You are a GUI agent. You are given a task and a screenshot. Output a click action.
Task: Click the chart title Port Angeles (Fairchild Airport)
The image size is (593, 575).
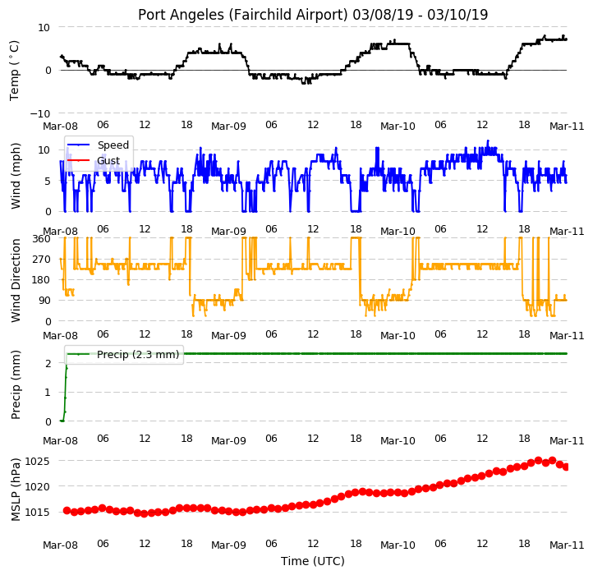[242, 15]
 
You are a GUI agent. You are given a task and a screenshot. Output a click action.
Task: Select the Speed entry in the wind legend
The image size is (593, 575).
[113, 145]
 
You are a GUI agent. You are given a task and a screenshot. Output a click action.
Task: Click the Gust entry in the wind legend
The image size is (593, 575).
[108, 161]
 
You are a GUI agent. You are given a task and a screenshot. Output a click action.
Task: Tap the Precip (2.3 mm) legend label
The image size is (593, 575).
[138, 355]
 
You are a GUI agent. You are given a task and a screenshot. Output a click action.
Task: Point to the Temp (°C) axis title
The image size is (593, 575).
[14, 71]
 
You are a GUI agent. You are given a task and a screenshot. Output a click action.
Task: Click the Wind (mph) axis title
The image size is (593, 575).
[15, 176]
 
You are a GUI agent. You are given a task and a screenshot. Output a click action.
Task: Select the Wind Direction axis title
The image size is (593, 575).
[15, 281]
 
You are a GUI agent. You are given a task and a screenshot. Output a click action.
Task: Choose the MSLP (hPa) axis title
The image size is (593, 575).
[15, 490]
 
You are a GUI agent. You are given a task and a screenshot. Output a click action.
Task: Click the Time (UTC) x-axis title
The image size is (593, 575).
[313, 561]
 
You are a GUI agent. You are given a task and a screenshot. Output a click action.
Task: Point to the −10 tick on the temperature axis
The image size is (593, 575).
[39, 113]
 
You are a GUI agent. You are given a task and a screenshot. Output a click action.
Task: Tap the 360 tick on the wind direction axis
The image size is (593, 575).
[42, 239]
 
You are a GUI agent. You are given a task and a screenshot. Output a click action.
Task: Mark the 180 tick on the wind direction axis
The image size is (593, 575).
[42, 280]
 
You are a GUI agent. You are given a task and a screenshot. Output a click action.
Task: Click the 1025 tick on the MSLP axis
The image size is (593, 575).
[38, 461]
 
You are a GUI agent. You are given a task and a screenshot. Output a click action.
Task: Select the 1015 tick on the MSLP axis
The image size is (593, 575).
[38, 513]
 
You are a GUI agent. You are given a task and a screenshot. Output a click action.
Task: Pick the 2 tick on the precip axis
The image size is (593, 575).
[48, 363]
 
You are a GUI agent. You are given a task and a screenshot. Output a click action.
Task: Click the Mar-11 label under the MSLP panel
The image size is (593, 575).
[567, 545]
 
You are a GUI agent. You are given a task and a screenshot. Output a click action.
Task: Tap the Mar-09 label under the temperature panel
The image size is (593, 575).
[228, 126]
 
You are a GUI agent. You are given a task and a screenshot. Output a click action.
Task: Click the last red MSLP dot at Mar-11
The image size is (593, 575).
[566, 467]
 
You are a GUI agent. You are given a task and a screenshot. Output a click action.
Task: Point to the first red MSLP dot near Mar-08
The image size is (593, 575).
[67, 511]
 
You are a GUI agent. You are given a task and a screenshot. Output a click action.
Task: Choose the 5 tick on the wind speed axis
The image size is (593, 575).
[48, 182]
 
